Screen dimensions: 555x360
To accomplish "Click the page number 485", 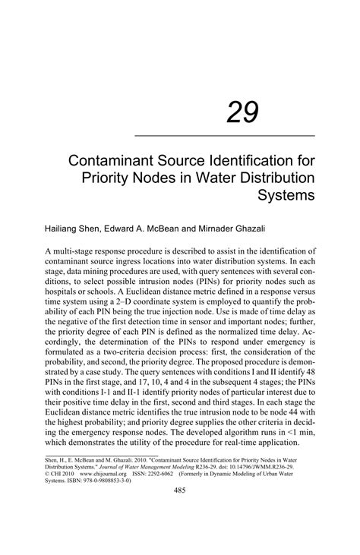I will (180, 512).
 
